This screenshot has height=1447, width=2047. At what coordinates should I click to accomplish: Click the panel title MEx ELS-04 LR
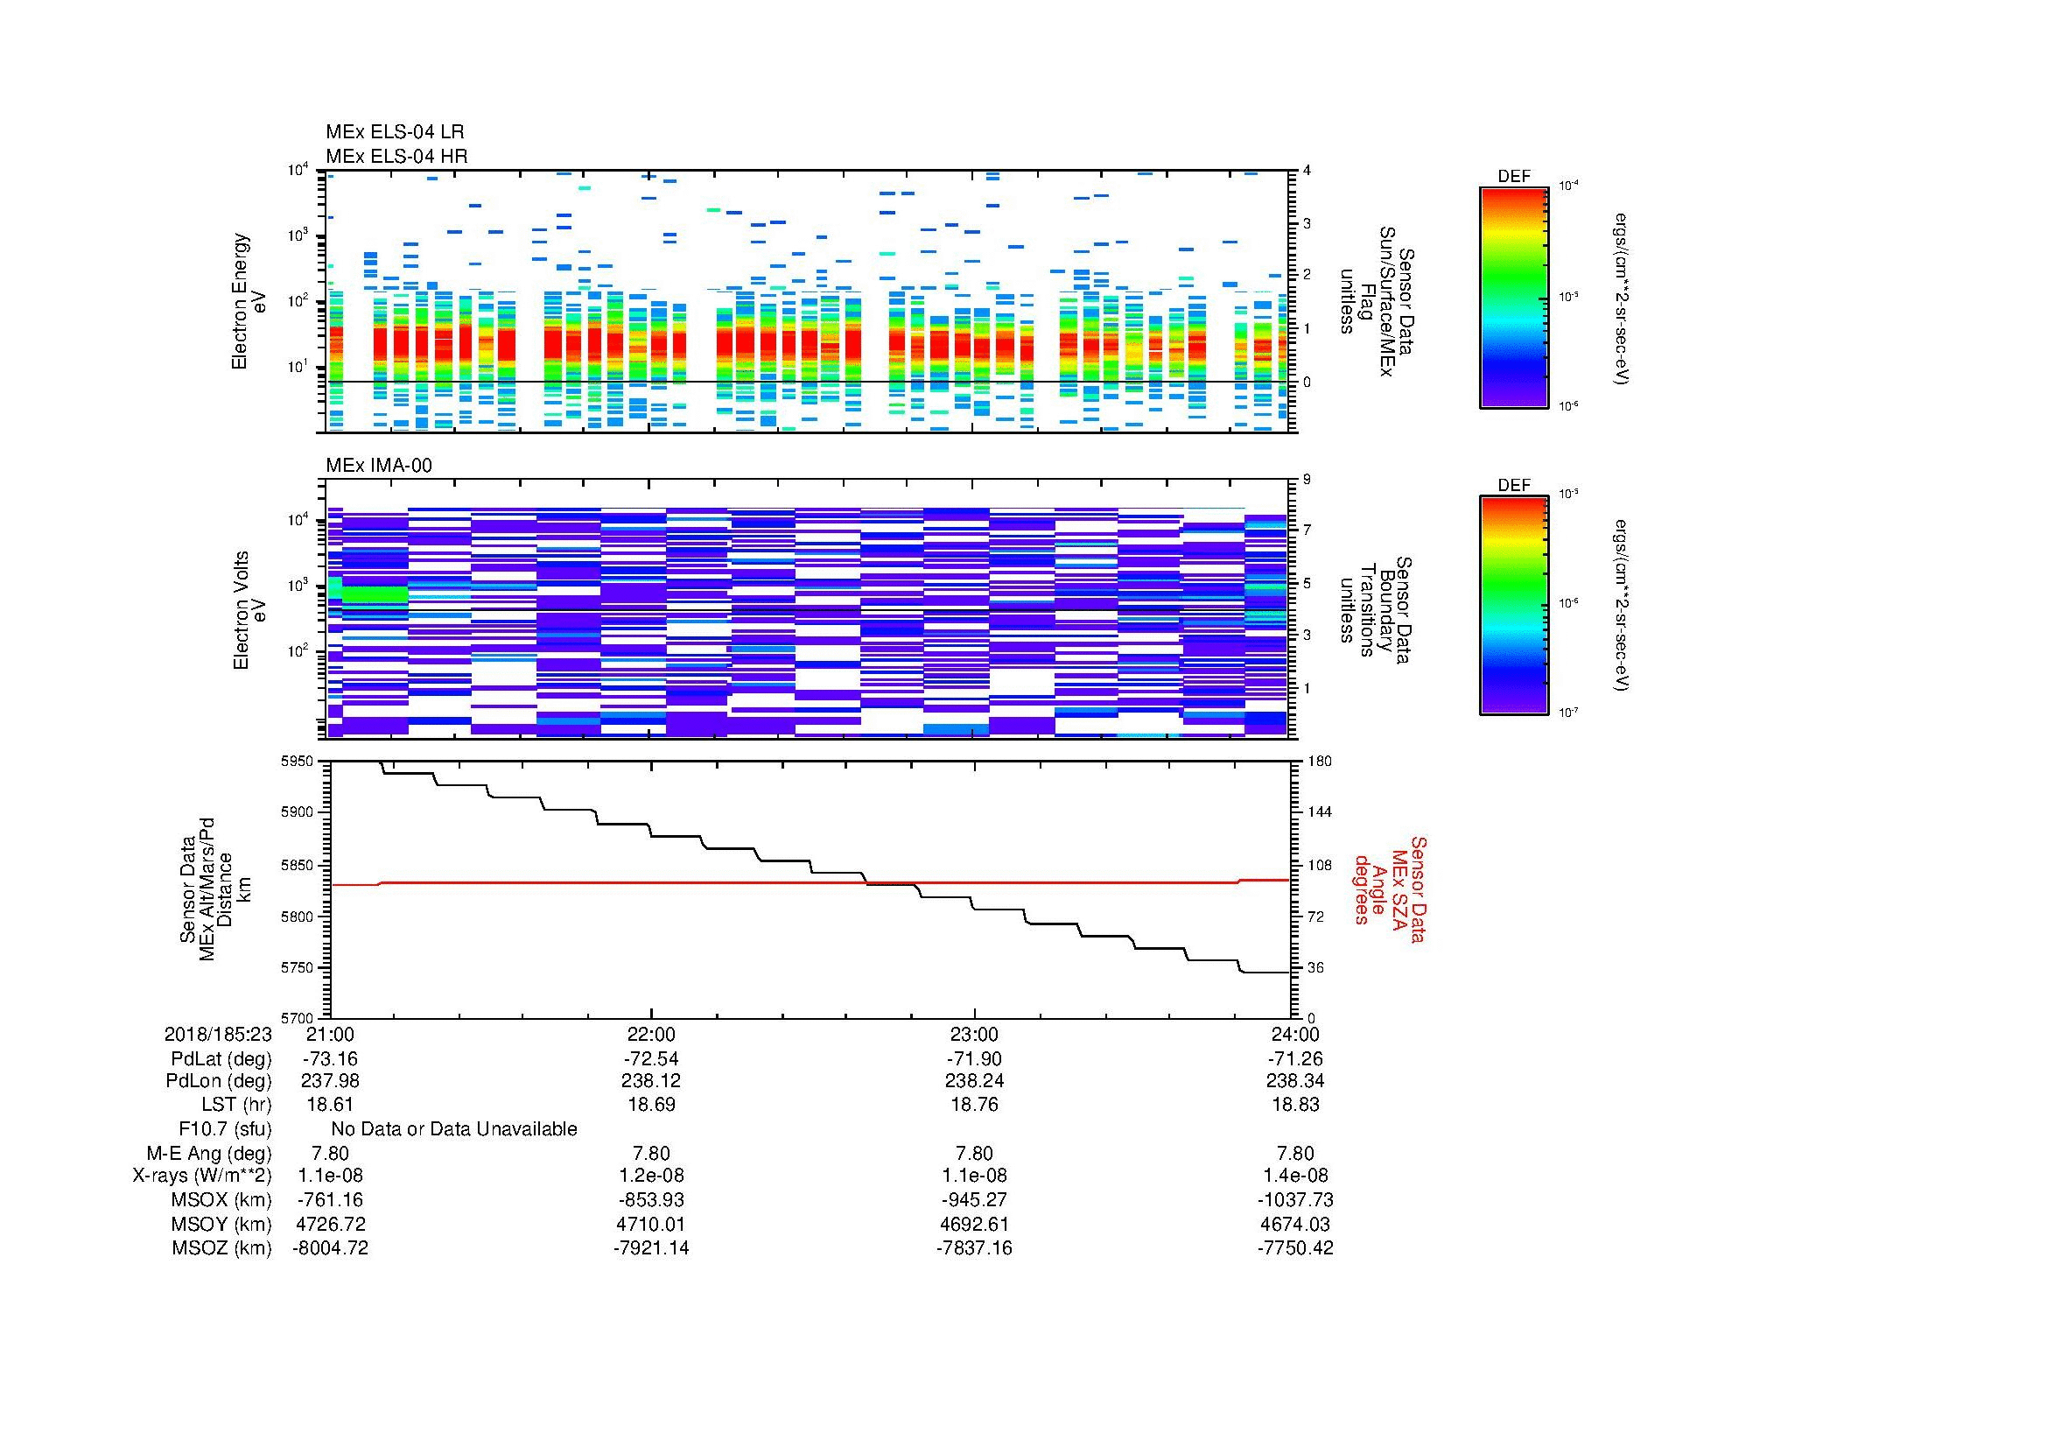394,132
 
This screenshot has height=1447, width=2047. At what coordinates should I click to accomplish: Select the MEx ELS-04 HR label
396,156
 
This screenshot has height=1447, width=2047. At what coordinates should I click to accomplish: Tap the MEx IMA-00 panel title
378,466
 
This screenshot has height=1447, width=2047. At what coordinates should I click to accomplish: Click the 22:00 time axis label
651,1034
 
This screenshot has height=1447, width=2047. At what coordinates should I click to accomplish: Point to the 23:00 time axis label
973,1034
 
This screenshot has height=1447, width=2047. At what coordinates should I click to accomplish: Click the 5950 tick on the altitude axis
298,762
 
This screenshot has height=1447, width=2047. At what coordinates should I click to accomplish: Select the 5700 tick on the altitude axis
298,1017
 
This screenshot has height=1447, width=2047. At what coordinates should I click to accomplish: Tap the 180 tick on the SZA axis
1319,762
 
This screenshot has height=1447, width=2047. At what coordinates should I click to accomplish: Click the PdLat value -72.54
651,1059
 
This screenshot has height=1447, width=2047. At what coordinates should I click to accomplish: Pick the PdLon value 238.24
973,1080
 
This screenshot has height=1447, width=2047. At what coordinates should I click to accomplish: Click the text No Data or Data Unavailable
454,1129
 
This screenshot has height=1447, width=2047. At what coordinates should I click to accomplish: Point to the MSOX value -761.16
330,1200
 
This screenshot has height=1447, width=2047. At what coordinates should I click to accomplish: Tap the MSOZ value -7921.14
651,1248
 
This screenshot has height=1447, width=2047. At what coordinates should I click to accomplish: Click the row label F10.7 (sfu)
225,1129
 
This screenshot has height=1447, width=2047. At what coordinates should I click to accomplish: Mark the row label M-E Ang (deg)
209,1153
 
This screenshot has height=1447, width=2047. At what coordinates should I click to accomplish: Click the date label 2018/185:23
218,1034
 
